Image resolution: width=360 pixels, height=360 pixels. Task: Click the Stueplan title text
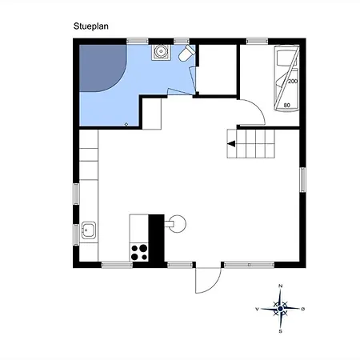(91, 26)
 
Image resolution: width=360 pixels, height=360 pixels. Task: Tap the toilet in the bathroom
(186, 53)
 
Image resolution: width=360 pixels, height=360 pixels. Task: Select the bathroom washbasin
(161, 52)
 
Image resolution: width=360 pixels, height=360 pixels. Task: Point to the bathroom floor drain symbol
(126, 124)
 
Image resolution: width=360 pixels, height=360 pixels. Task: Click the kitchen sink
(89, 230)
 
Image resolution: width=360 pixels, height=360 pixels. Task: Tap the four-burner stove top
(139, 252)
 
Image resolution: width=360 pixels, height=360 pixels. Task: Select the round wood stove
(176, 224)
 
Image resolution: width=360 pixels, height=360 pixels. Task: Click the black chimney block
(156, 238)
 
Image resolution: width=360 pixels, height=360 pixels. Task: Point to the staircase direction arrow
(231, 144)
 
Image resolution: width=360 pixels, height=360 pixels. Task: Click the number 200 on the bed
(293, 81)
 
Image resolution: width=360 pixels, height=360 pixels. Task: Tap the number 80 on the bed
(287, 106)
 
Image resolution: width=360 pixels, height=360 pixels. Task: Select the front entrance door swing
(208, 281)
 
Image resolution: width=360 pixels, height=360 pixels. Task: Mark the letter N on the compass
(280, 286)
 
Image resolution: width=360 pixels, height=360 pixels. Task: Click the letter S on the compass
(280, 331)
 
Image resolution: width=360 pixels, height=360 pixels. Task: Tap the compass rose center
(280, 309)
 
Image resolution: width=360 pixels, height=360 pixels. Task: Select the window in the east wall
(302, 180)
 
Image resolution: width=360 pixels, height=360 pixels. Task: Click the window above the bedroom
(257, 42)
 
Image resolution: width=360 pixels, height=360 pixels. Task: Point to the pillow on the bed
(286, 58)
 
